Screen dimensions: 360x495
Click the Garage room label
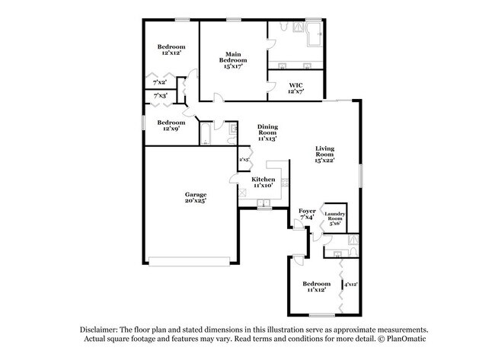(x=196, y=194)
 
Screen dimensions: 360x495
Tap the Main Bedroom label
(x=232, y=56)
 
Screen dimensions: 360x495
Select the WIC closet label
(x=296, y=85)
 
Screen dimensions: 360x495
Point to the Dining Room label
(x=267, y=127)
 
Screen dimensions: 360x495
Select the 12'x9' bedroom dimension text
(x=171, y=129)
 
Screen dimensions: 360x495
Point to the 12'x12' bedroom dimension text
(x=171, y=53)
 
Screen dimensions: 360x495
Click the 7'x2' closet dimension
(x=160, y=82)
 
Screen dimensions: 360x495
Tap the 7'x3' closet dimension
(x=160, y=96)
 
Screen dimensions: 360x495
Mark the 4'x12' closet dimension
(x=351, y=284)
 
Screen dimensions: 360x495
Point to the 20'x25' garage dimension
(x=196, y=202)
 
